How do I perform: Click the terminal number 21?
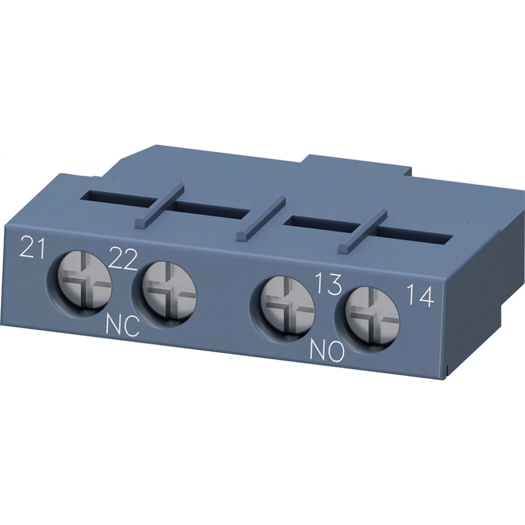(x=31, y=247)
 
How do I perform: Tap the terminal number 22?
(x=124, y=258)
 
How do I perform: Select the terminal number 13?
(x=329, y=285)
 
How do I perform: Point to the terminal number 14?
(x=421, y=297)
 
